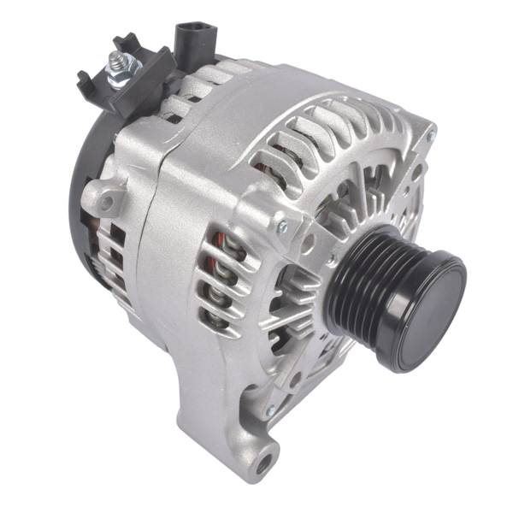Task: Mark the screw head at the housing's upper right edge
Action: [431, 133]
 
